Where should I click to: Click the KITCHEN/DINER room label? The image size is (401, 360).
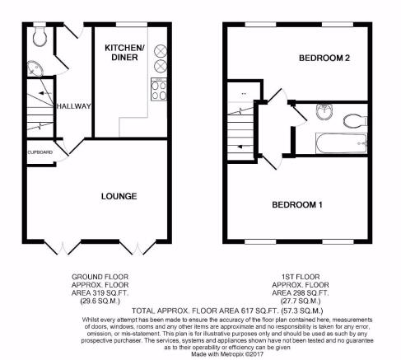[124, 53]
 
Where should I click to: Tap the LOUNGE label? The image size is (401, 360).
[119, 196]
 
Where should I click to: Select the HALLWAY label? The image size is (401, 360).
[73, 106]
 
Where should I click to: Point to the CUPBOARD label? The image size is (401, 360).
[40, 152]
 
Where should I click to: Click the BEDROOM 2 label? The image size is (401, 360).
[324, 58]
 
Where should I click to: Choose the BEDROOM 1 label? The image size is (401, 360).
[297, 204]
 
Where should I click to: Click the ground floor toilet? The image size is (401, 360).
[40, 36]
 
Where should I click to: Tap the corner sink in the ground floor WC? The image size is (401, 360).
[35, 68]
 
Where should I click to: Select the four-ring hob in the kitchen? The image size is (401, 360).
[159, 89]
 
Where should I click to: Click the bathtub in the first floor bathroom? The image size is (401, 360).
[342, 143]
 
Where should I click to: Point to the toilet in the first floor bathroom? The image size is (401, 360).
[356, 121]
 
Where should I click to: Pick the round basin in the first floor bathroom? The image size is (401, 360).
[324, 111]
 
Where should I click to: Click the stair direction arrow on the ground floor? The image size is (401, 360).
[45, 93]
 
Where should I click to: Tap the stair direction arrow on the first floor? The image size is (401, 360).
[244, 147]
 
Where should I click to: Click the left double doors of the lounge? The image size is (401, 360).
[63, 248]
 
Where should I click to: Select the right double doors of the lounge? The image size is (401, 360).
[138, 248]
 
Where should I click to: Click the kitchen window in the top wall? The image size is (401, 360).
[132, 25]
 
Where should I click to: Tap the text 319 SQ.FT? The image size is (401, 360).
[110, 293]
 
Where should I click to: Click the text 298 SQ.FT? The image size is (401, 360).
[310, 293]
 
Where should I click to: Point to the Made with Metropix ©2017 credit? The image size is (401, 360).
[227, 354]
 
